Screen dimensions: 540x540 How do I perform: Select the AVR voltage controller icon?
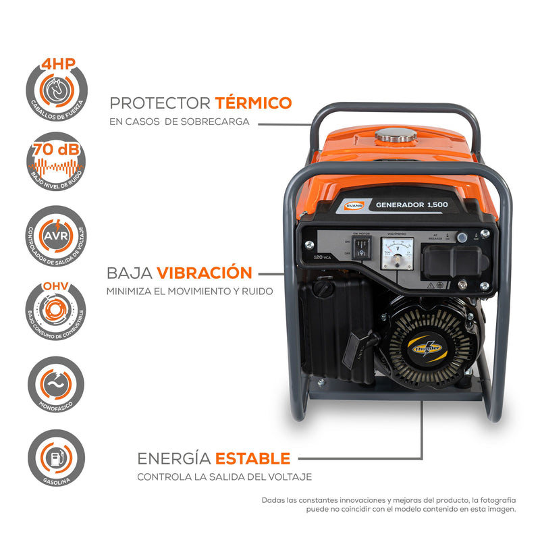point(56,236)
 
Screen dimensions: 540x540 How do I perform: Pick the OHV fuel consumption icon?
point(56,311)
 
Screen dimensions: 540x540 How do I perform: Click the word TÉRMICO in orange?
point(253,103)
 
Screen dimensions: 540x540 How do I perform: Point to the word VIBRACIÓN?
point(205,273)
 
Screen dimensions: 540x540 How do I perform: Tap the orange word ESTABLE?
point(252,459)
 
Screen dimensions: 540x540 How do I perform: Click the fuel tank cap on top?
point(394,136)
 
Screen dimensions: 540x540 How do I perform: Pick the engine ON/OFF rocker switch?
point(362,248)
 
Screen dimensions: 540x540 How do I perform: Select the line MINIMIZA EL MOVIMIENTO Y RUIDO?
point(189,292)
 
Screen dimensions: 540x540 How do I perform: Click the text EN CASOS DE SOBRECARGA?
point(180,122)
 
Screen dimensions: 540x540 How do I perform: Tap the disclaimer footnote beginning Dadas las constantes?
point(389,505)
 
